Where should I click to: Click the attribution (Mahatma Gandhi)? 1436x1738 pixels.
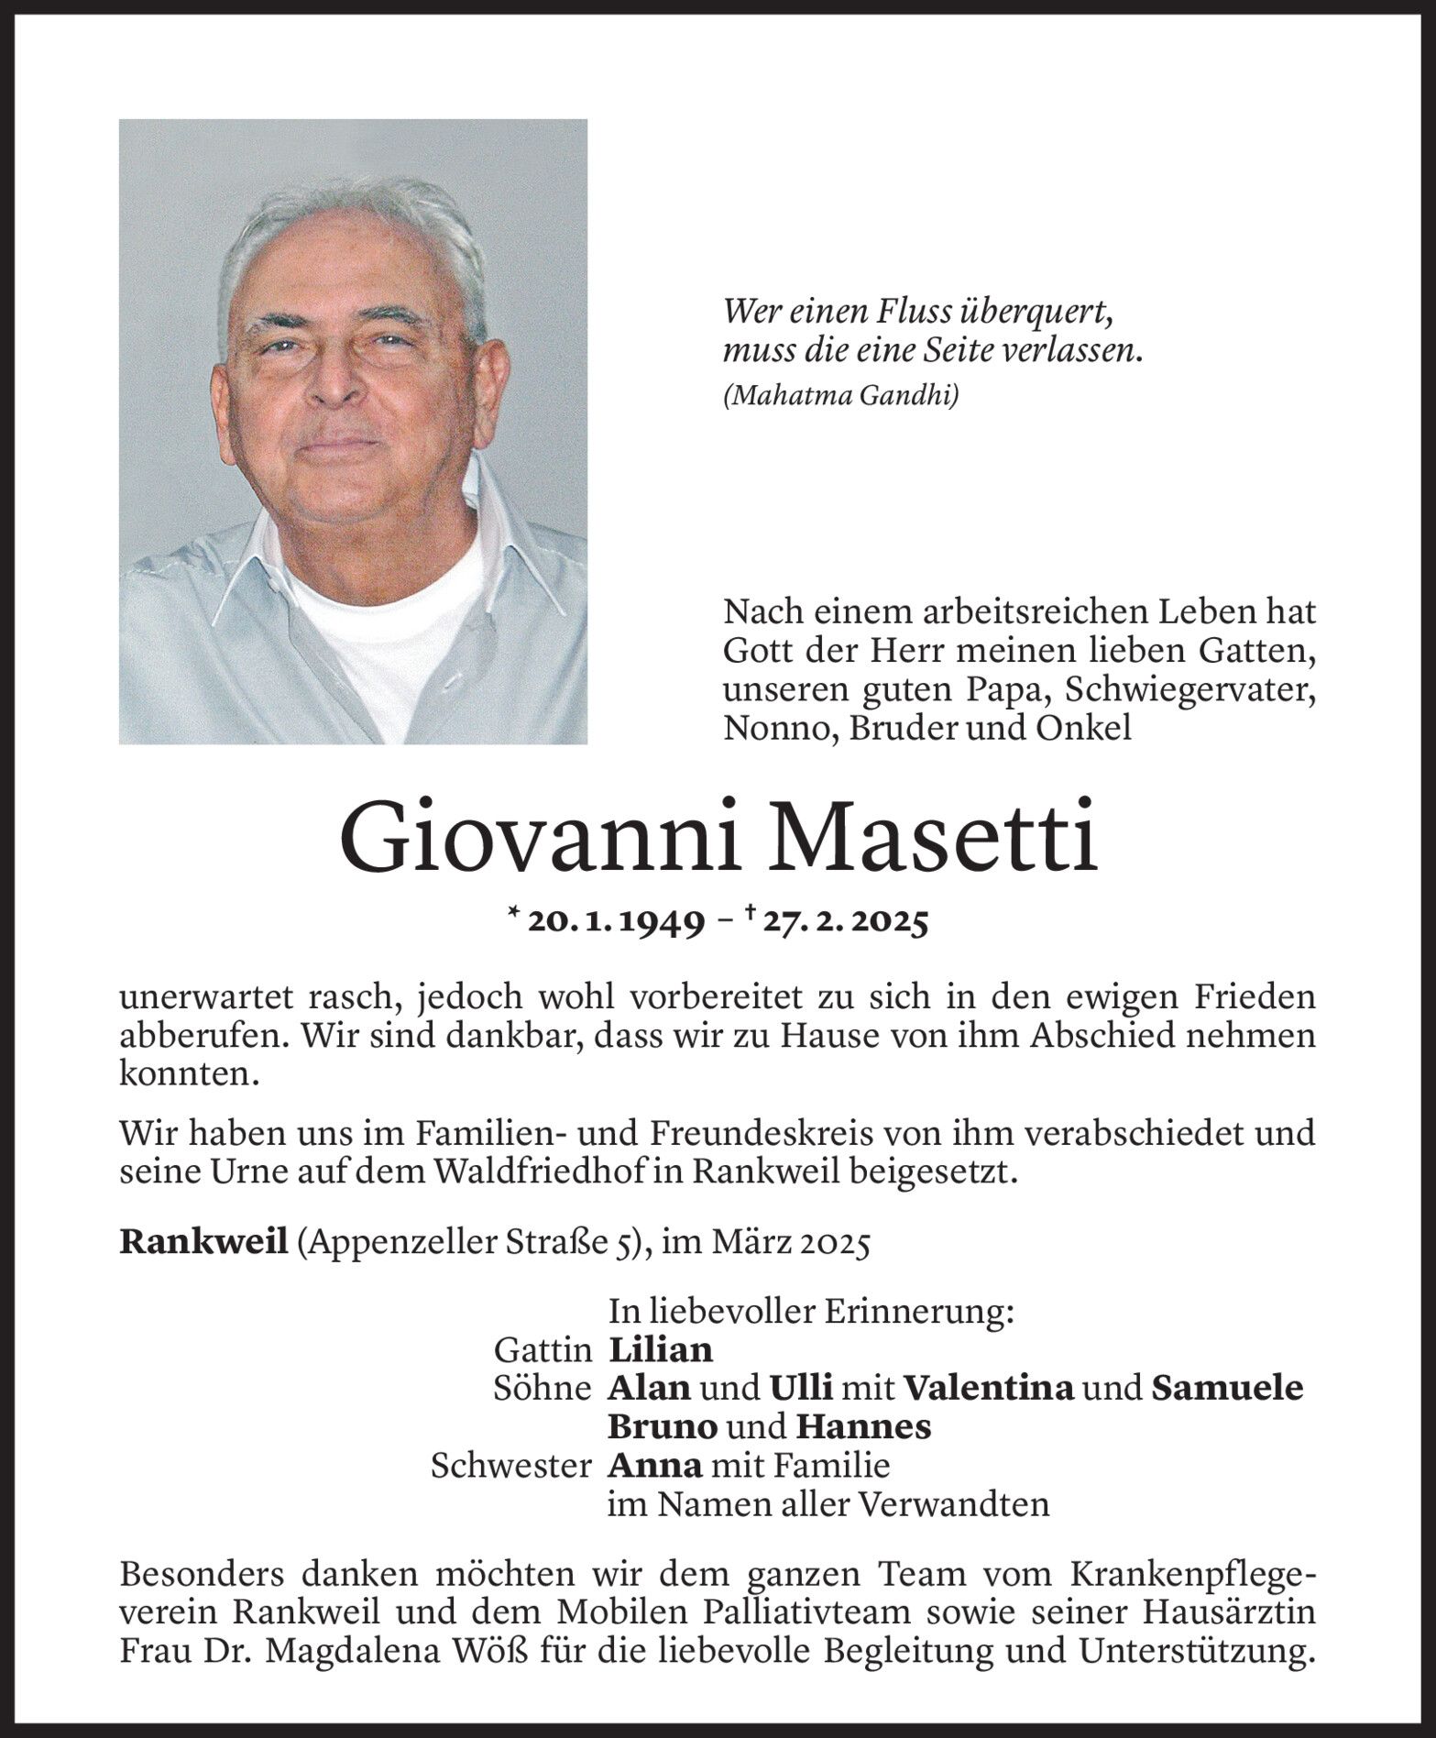840,396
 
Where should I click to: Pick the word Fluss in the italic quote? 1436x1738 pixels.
906,313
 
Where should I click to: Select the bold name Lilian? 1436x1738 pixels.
660,1349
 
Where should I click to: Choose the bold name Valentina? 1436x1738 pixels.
988,1388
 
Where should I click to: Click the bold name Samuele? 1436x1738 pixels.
1226,1388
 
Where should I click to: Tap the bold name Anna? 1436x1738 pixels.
654,1465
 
